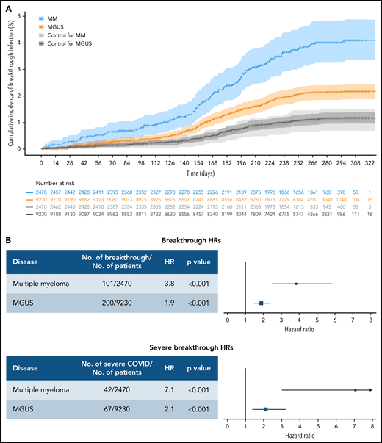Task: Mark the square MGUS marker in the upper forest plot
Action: pyautogui.click(x=261, y=303)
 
